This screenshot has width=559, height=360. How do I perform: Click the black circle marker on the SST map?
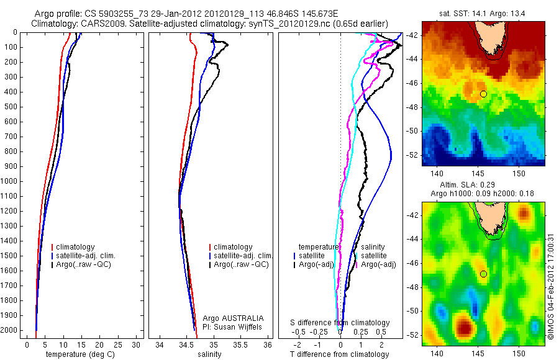483,94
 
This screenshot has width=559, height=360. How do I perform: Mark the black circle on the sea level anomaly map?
483,274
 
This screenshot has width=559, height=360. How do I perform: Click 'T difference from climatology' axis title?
340,354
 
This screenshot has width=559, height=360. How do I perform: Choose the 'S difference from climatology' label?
340,323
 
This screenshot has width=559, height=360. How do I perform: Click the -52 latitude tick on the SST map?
413,155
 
